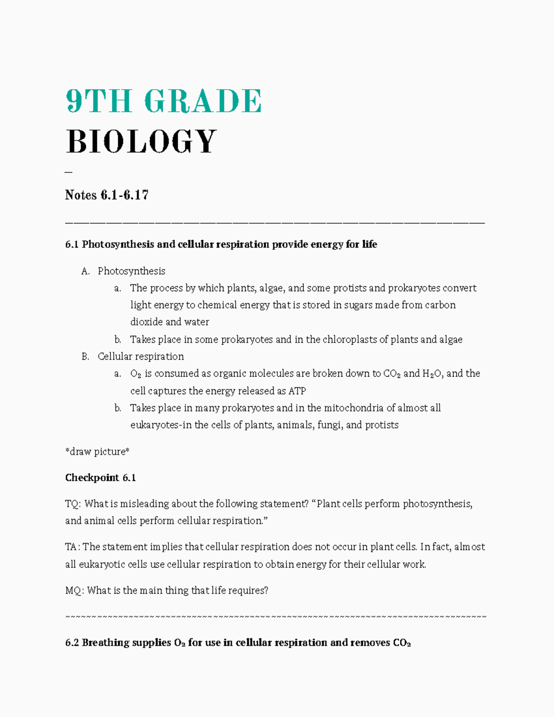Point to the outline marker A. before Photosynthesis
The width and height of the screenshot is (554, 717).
pyautogui.click(x=85, y=271)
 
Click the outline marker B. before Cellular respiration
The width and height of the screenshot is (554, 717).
pyautogui.click(x=85, y=356)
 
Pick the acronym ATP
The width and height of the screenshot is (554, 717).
pyautogui.click(x=297, y=391)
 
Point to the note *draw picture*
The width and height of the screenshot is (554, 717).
pyautogui.click(x=97, y=452)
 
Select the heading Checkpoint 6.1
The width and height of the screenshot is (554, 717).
pyautogui.click(x=101, y=478)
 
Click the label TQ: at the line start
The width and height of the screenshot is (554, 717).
pyautogui.click(x=73, y=504)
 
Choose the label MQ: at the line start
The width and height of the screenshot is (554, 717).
pyautogui.click(x=74, y=590)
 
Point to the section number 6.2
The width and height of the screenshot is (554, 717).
pyautogui.click(x=72, y=643)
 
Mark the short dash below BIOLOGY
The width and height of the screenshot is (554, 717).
pyautogui.click(x=69, y=172)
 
